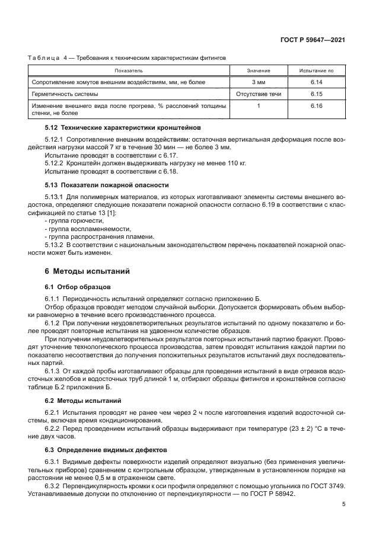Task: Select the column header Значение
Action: pos(259,71)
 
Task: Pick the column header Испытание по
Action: pos(315,71)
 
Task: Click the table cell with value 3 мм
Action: pos(259,82)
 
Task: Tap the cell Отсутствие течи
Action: pos(259,94)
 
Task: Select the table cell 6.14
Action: pos(315,82)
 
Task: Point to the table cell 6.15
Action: pos(315,94)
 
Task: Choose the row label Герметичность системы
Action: pos(65,94)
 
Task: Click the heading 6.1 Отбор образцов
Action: pos(75,286)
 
